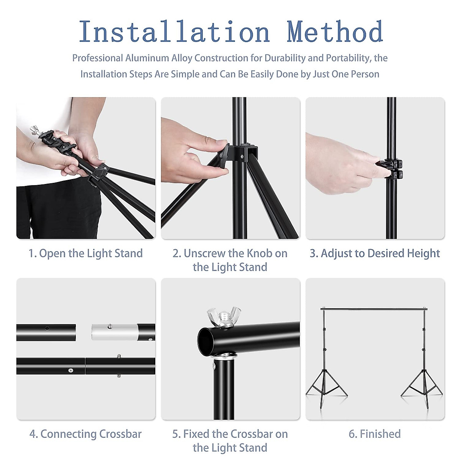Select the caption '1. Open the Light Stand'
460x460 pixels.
click(86, 253)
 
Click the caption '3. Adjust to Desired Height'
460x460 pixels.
click(375, 253)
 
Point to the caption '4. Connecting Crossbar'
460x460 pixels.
click(86, 434)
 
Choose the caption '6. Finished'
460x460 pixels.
click(375, 434)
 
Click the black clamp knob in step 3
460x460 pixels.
click(390, 169)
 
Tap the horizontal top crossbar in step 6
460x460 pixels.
click(374, 309)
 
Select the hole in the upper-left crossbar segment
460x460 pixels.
click(47, 329)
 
